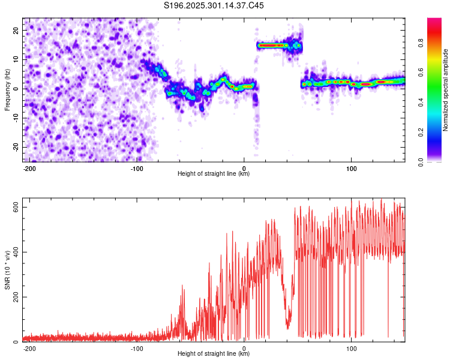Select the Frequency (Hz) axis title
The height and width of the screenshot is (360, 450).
[x=7, y=90]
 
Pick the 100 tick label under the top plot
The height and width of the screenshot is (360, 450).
[x=351, y=168]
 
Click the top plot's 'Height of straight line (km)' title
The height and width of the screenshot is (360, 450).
[x=214, y=174]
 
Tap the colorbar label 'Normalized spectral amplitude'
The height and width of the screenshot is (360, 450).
[x=446, y=90]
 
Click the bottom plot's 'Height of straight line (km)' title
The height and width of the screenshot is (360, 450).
[x=214, y=354]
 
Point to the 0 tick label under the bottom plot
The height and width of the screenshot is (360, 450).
[x=244, y=348]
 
